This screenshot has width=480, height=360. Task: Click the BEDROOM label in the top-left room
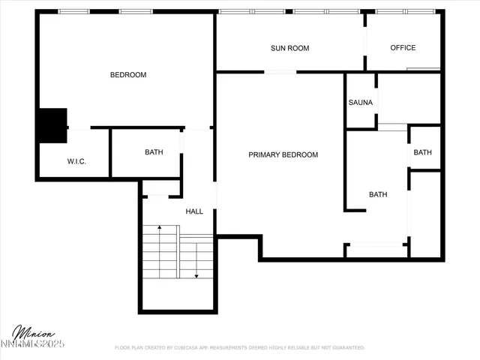click(128, 75)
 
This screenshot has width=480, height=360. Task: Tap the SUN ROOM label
click(290, 48)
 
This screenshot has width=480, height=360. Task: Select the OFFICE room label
click(403, 48)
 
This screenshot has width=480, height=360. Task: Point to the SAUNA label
click(361, 103)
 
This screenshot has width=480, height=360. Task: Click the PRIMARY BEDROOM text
click(283, 155)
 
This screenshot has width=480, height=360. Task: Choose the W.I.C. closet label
click(77, 161)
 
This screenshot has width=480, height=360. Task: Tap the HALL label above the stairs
click(194, 211)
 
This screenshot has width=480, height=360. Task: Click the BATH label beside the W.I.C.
click(154, 152)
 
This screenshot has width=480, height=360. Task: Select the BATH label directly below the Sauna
click(378, 195)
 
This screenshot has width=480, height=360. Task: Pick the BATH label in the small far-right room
click(423, 153)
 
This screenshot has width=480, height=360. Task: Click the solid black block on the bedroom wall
click(52, 124)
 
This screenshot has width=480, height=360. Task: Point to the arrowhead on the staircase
click(196, 276)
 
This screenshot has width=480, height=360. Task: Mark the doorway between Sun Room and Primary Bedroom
click(280, 72)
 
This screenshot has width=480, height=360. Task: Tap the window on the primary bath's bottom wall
click(375, 244)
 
